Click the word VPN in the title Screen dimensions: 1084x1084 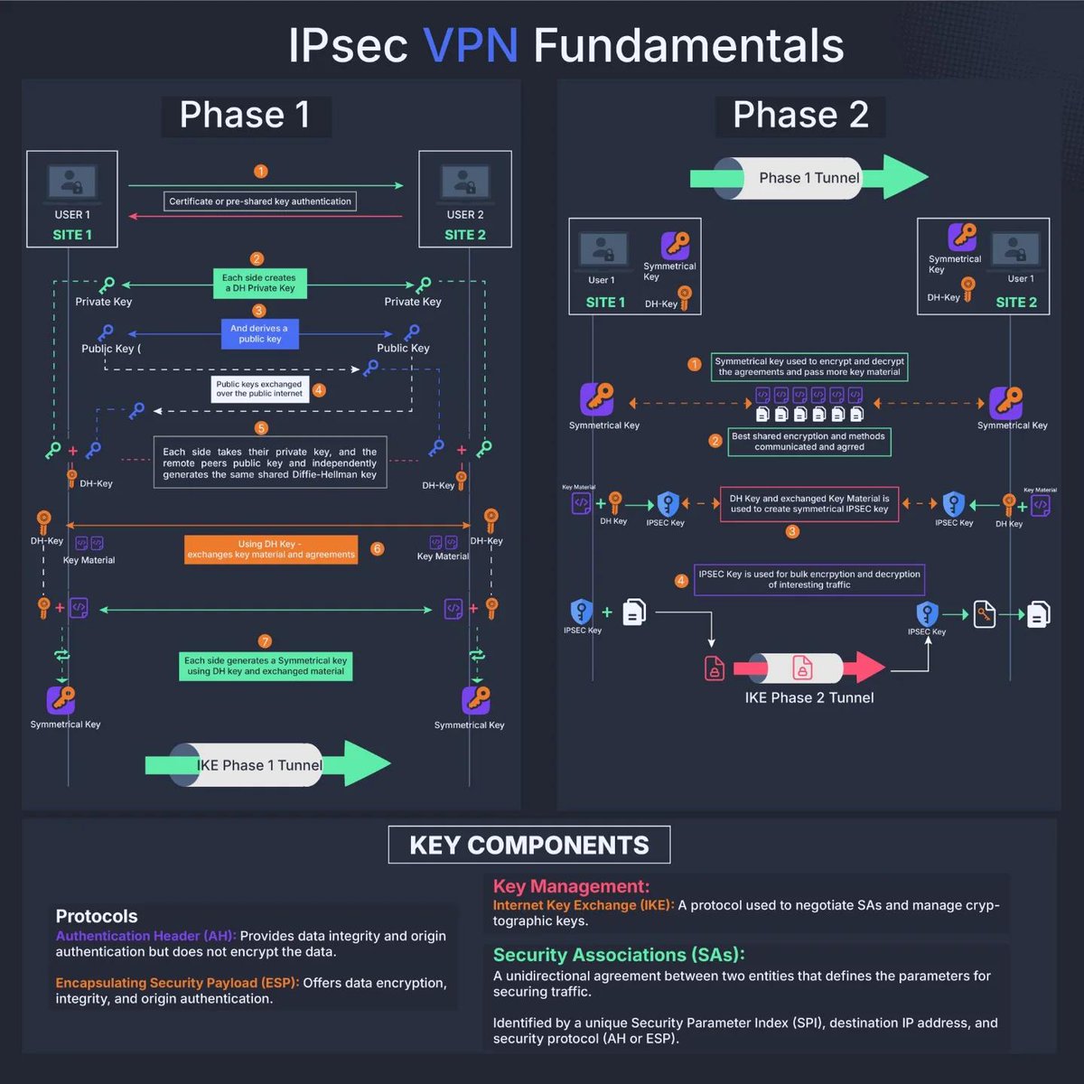(470, 46)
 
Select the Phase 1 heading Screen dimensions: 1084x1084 (245, 116)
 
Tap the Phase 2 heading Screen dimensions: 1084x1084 (800, 116)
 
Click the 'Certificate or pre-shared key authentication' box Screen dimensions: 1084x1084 (260, 201)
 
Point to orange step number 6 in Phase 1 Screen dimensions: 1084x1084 (378, 548)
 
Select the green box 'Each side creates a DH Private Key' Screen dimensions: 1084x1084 (259, 283)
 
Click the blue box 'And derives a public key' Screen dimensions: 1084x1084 (259, 334)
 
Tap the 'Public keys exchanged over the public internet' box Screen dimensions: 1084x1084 (259, 388)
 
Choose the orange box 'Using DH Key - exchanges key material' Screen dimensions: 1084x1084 (271, 549)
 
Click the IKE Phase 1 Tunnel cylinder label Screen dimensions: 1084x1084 (259, 765)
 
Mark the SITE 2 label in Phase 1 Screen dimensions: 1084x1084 (464, 235)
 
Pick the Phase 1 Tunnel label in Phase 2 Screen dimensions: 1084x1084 (808, 178)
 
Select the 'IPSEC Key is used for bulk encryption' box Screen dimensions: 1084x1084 (809, 579)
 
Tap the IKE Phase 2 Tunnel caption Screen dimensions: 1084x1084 (809, 697)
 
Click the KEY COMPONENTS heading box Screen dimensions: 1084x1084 (529, 846)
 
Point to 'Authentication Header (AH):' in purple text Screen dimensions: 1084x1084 (145, 936)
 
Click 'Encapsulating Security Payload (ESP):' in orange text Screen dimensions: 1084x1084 (176, 983)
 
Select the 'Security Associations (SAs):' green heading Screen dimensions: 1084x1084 (619, 955)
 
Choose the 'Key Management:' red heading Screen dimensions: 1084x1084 (571, 886)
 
